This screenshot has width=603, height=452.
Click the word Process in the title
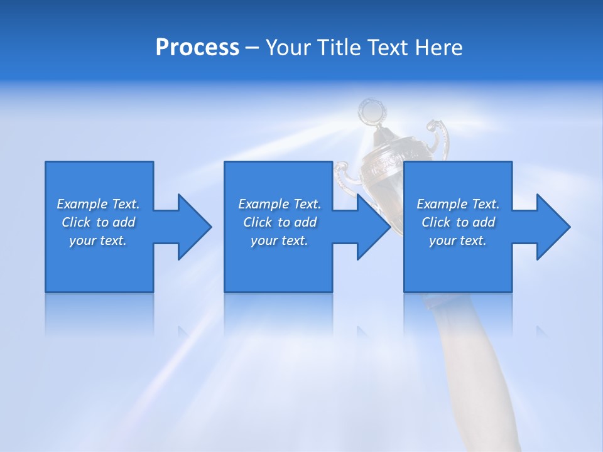point(197,48)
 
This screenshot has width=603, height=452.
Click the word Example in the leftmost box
point(82,204)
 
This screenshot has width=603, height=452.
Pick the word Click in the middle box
point(258,222)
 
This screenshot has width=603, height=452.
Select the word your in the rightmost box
point(443,240)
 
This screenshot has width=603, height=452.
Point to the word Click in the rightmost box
point(436,222)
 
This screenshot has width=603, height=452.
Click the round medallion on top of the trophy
point(372,112)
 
